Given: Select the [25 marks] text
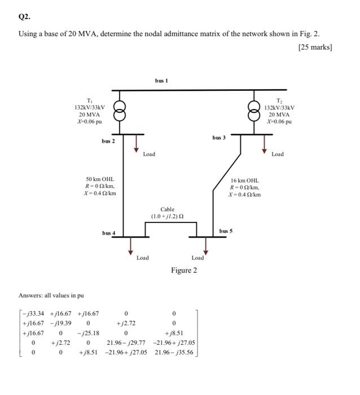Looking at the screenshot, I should coord(314,47).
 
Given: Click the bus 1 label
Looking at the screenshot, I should coord(162,81).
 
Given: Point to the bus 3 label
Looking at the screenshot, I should coord(219,137).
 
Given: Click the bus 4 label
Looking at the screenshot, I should coord(109,232).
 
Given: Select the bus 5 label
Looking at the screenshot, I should coord(226,231).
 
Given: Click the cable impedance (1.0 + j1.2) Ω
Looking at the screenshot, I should coord(168,216).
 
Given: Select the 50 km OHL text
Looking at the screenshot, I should coord(100,179).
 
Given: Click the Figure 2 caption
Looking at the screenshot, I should coord(185,270).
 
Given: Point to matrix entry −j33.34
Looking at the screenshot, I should coord(33,313).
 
